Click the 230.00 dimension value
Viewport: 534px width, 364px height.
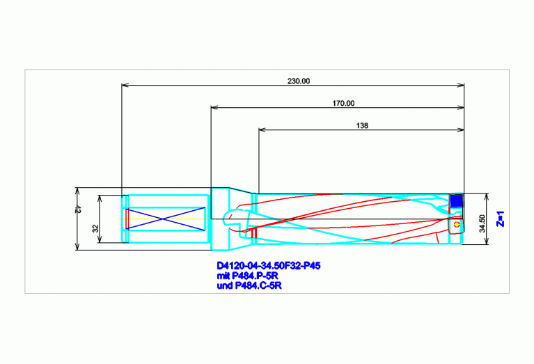tap(299, 81)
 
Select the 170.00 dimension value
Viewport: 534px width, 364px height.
tap(343, 103)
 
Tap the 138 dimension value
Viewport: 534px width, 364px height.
tap(362, 126)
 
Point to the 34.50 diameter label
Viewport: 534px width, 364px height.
tap(482, 223)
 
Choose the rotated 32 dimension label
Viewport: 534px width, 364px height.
tap(95, 228)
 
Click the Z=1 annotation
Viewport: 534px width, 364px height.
tap(501, 219)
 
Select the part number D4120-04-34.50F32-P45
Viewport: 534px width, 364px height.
tap(268, 265)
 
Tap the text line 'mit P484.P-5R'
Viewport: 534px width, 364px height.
tap(247, 276)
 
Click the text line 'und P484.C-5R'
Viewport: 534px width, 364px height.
tap(249, 285)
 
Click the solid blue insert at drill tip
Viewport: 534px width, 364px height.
tap(456, 200)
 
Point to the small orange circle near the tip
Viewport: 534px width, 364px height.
tap(457, 224)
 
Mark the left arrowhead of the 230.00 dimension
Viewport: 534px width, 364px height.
tap(125, 85)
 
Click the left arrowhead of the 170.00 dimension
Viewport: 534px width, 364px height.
tap(215, 107)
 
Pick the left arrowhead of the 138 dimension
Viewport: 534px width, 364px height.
tap(262, 129)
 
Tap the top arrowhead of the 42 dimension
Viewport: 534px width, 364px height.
tap(77, 191)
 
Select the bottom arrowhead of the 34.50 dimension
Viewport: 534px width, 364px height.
tap(487, 241)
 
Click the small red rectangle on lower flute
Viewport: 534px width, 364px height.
tap(253, 233)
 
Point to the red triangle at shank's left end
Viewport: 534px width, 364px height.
tap(127, 219)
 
